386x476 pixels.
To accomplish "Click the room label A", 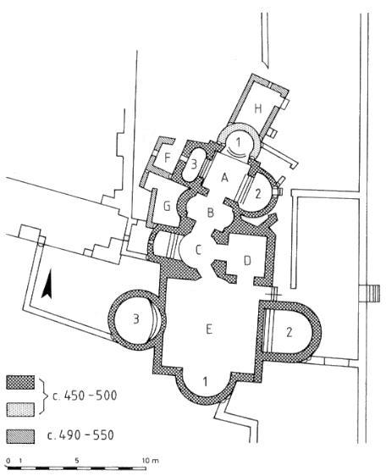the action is [x=224, y=178].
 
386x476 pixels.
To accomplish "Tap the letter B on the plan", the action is [x=210, y=213].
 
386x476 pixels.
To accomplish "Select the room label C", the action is [x=198, y=251].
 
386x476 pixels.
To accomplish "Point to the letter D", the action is [x=248, y=261].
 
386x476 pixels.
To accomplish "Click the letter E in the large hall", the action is [x=208, y=329].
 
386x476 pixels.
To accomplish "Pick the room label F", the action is [x=167, y=158].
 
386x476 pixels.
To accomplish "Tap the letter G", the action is [x=167, y=207].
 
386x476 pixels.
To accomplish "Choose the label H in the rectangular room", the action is [x=257, y=108].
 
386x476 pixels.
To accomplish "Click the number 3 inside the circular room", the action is [x=136, y=319].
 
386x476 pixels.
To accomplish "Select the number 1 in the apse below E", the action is [x=206, y=381].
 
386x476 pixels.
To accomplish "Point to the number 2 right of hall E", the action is [x=289, y=332].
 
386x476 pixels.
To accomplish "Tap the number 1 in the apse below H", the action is [x=239, y=142].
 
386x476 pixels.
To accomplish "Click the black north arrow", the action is [x=47, y=284].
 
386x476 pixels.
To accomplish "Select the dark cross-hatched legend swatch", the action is [x=20, y=383].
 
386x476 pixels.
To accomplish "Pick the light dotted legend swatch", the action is [x=20, y=409].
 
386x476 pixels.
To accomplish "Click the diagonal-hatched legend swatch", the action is [x=20, y=436].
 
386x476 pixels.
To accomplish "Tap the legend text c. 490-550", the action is [x=80, y=435].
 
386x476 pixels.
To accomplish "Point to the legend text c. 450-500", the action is [x=85, y=396].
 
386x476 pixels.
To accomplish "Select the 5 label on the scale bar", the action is [x=77, y=460].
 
